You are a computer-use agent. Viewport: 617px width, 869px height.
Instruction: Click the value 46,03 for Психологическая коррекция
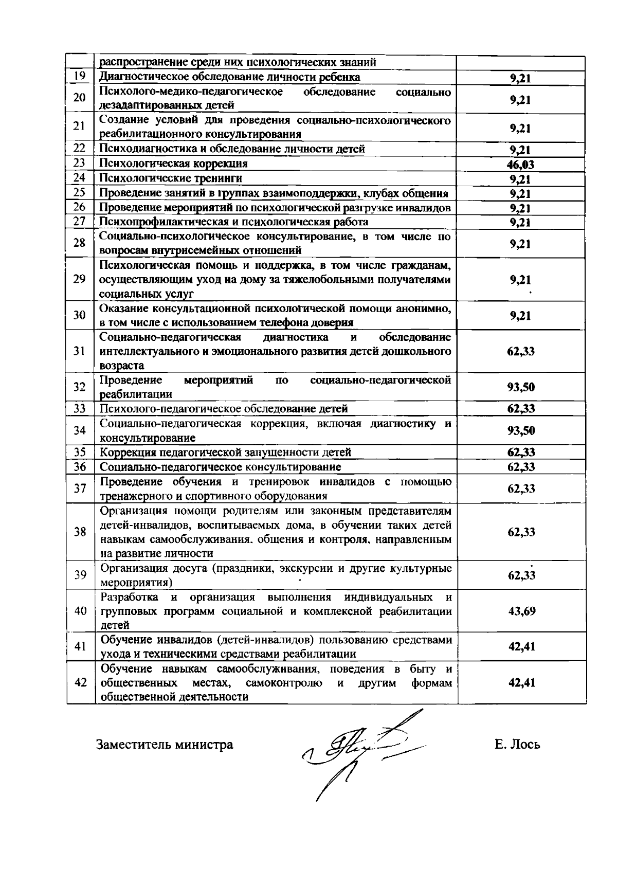coord(521,165)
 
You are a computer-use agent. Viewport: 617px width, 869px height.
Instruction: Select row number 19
coord(79,77)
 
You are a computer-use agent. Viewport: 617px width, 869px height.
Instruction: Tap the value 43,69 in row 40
coord(521,611)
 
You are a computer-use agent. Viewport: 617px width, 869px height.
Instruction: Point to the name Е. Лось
coord(517,745)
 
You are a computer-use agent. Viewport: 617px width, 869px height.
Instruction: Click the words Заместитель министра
coord(165,745)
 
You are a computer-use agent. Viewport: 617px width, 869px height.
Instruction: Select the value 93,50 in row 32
coord(521,387)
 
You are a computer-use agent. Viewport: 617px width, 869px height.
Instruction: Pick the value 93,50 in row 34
coord(521,430)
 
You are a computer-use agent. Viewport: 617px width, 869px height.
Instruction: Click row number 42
coord(80,682)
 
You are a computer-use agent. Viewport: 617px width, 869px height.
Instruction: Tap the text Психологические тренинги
coord(170,178)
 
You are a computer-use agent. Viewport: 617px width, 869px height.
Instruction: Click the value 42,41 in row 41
coord(521,646)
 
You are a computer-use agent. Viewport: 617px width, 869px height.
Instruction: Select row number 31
coord(79,351)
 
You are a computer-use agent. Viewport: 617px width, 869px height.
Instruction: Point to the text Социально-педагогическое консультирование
coord(220,467)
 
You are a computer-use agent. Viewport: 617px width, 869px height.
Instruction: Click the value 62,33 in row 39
coord(521,575)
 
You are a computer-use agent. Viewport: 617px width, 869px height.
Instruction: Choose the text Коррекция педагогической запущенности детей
coord(225,452)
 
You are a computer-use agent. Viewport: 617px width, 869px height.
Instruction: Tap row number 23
coord(79,164)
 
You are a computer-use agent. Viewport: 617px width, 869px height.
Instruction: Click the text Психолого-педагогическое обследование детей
coord(223,409)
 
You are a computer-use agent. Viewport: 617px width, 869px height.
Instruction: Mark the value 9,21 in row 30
coord(520,316)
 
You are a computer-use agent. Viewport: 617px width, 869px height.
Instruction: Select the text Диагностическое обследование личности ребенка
coord(229,77)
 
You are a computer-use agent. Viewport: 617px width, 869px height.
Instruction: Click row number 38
coord(80,532)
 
